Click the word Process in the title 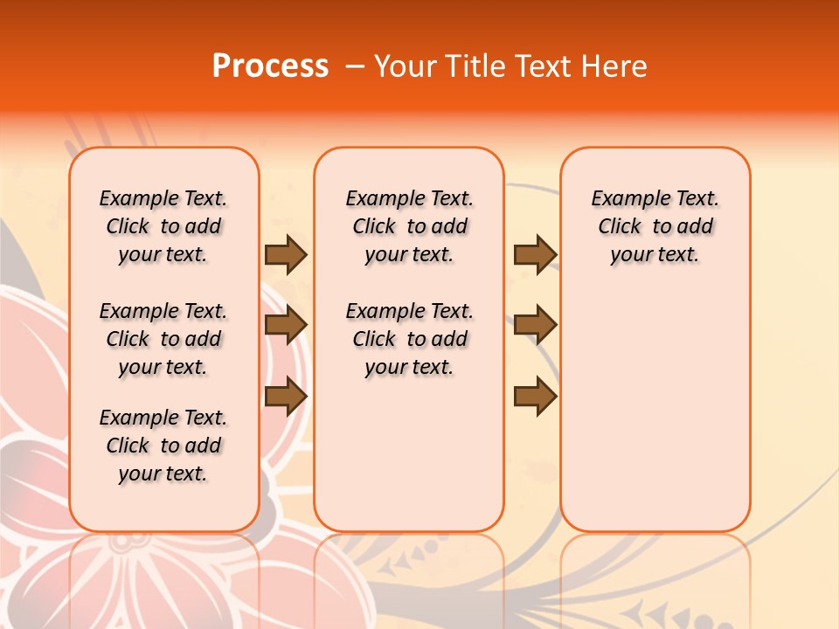270,66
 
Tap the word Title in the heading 472,66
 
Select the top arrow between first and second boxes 286,254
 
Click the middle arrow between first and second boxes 286,325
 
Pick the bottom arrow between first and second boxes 286,396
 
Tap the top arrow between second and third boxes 535,254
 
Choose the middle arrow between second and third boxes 535,325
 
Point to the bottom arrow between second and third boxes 535,396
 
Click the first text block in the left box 163,226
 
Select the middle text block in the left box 163,339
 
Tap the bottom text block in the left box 163,446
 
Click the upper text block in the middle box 409,226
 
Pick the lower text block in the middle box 409,339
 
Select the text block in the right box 655,226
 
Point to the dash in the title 355,66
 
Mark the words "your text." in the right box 655,254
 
